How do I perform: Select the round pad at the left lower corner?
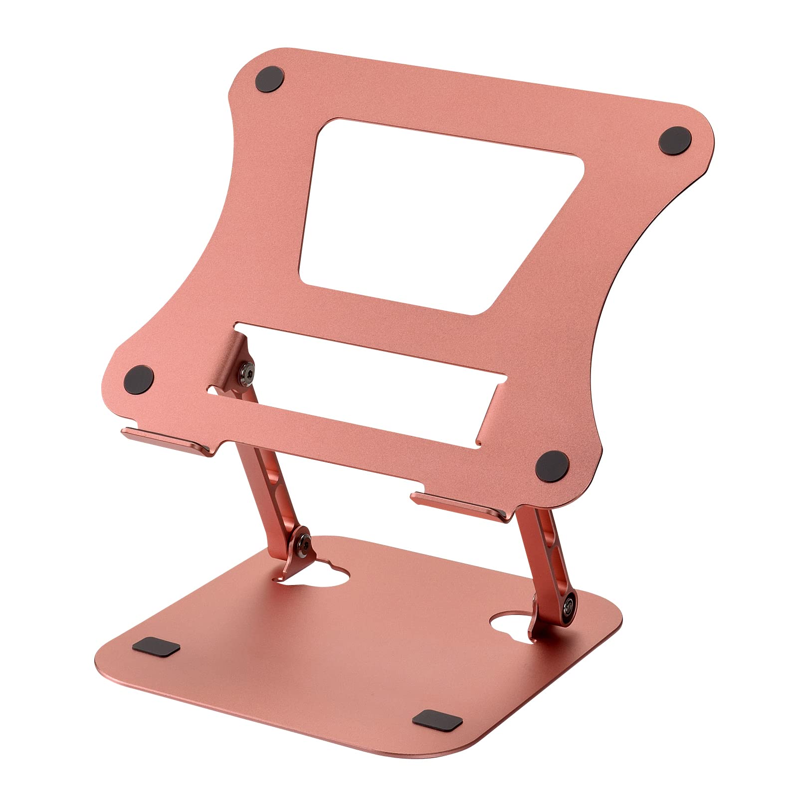[x=139, y=377]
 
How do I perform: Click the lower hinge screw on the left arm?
[x=302, y=541]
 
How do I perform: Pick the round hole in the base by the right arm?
[x=509, y=623]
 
